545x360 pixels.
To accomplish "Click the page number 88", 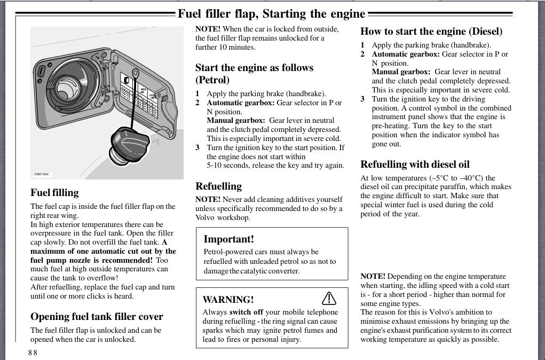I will click(x=33, y=353).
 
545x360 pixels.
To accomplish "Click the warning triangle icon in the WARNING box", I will click(x=329, y=298).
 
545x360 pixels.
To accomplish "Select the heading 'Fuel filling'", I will click(x=54, y=193).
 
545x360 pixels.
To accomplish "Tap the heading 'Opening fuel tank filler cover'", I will click(x=97, y=317).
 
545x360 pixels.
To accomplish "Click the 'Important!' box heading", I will click(x=228, y=239).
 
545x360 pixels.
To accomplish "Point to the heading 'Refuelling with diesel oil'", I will click(x=415, y=165).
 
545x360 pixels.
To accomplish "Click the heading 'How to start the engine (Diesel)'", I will click(x=431, y=31).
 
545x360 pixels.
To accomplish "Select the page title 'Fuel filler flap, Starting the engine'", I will click(x=271, y=13).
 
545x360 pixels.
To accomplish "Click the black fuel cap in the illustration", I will click(x=132, y=144).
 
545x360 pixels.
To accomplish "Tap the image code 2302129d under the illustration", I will click(x=41, y=174).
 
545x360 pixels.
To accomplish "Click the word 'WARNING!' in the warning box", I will click(x=228, y=300).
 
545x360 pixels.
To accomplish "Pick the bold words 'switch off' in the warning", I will click(x=247, y=312).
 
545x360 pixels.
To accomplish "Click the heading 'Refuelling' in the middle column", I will click(x=218, y=186).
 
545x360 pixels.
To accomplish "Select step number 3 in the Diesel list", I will click(x=362, y=99).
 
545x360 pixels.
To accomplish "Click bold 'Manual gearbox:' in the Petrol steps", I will click(x=235, y=121).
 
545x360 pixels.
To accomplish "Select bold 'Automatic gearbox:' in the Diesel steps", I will click(x=406, y=54).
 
